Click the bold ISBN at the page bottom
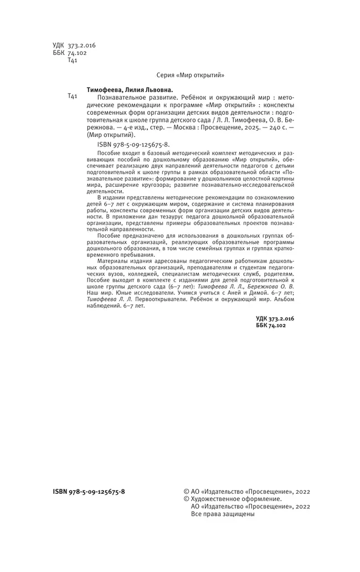89,491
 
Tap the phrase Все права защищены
222,514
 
